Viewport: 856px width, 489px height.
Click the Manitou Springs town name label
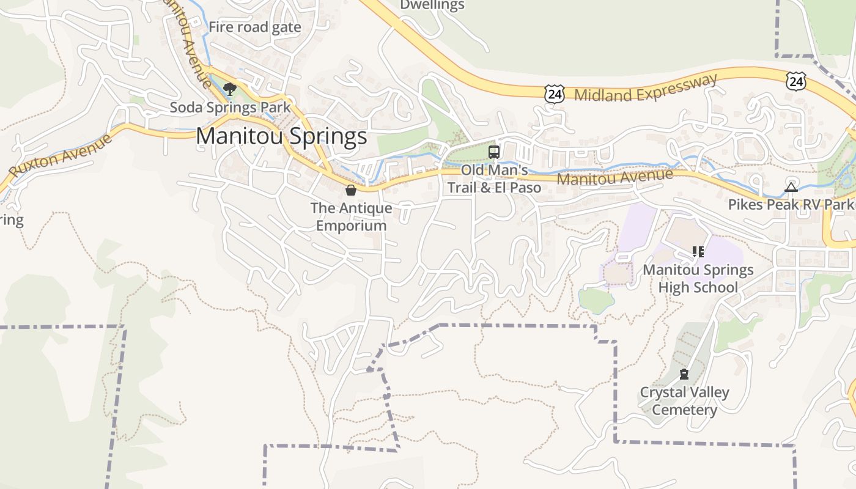281,136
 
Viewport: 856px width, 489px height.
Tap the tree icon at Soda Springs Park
229,90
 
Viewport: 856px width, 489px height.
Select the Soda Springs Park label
230,108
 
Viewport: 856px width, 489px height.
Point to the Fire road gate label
255,27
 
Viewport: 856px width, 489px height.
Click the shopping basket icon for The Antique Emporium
351,190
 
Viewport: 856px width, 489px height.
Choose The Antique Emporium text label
351,216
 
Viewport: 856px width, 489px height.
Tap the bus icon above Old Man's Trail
494,152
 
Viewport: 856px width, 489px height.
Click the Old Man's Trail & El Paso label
494,178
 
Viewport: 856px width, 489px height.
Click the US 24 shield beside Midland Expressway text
554,94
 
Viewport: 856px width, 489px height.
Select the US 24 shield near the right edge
796,80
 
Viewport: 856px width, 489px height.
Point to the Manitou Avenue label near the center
614,178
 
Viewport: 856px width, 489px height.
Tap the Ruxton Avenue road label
61,156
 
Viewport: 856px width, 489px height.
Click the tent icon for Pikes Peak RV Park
791,187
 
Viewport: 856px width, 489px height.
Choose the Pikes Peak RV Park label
791,204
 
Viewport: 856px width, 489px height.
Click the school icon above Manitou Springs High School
698,251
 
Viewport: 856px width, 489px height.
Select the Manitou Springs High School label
698,278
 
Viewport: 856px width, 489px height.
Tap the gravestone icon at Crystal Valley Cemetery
684,374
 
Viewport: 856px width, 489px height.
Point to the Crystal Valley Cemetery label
684,400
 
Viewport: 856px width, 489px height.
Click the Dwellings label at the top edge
432,6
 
